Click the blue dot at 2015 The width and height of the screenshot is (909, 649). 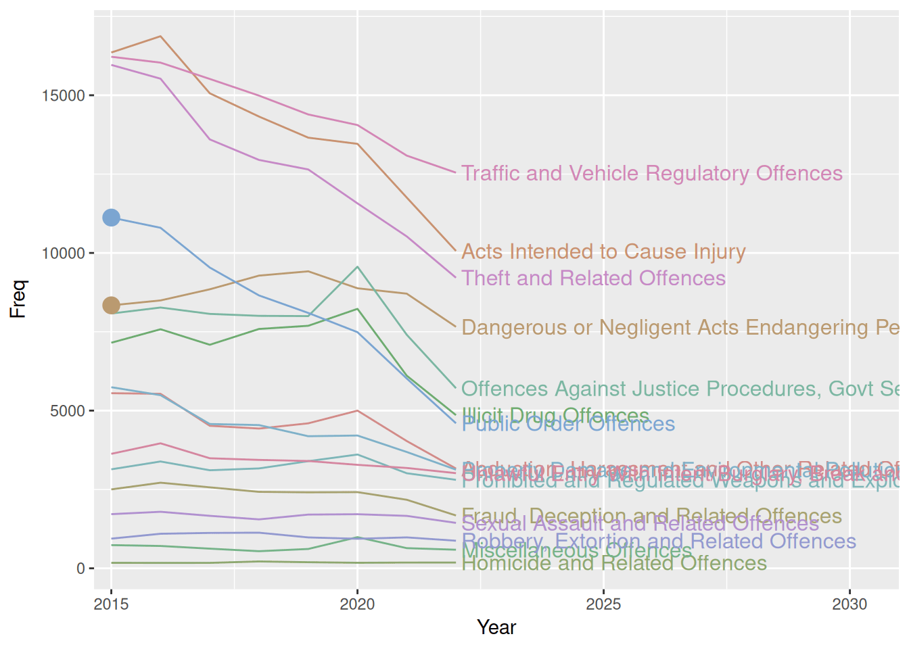[x=111, y=218]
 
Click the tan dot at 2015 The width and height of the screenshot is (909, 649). [x=111, y=306]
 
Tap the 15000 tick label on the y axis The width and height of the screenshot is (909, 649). [x=64, y=95]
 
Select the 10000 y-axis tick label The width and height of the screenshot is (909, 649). [x=64, y=254]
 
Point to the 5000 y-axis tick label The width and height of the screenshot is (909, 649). [x=68, y=411]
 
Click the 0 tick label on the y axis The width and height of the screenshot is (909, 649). [x=80, y=569]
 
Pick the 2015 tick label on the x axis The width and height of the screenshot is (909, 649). [x=111, y=604]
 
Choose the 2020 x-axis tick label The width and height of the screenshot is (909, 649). [x=357, y=604]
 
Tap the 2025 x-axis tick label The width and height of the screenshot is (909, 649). [x=603, y=604]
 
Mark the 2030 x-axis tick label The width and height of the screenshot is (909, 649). [x=849, y=604]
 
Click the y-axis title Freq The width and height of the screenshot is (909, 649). [x=18, y=299]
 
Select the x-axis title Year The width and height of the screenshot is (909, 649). [x=496, y=627]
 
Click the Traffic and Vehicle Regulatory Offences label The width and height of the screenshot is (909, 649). [x=652, y=174]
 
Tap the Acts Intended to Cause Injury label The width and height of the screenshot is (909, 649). [x=603, y=252]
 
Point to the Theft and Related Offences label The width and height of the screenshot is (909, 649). [x=593, y=279]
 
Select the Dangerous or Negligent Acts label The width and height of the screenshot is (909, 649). [x=680, y=328]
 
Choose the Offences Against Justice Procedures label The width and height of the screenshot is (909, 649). [x=680, y=389]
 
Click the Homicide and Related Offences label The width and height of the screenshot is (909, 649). [x=614, y=564]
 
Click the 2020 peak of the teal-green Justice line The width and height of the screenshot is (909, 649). [x=358, y=266]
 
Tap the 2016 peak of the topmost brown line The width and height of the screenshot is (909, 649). [x=160, y=36]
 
